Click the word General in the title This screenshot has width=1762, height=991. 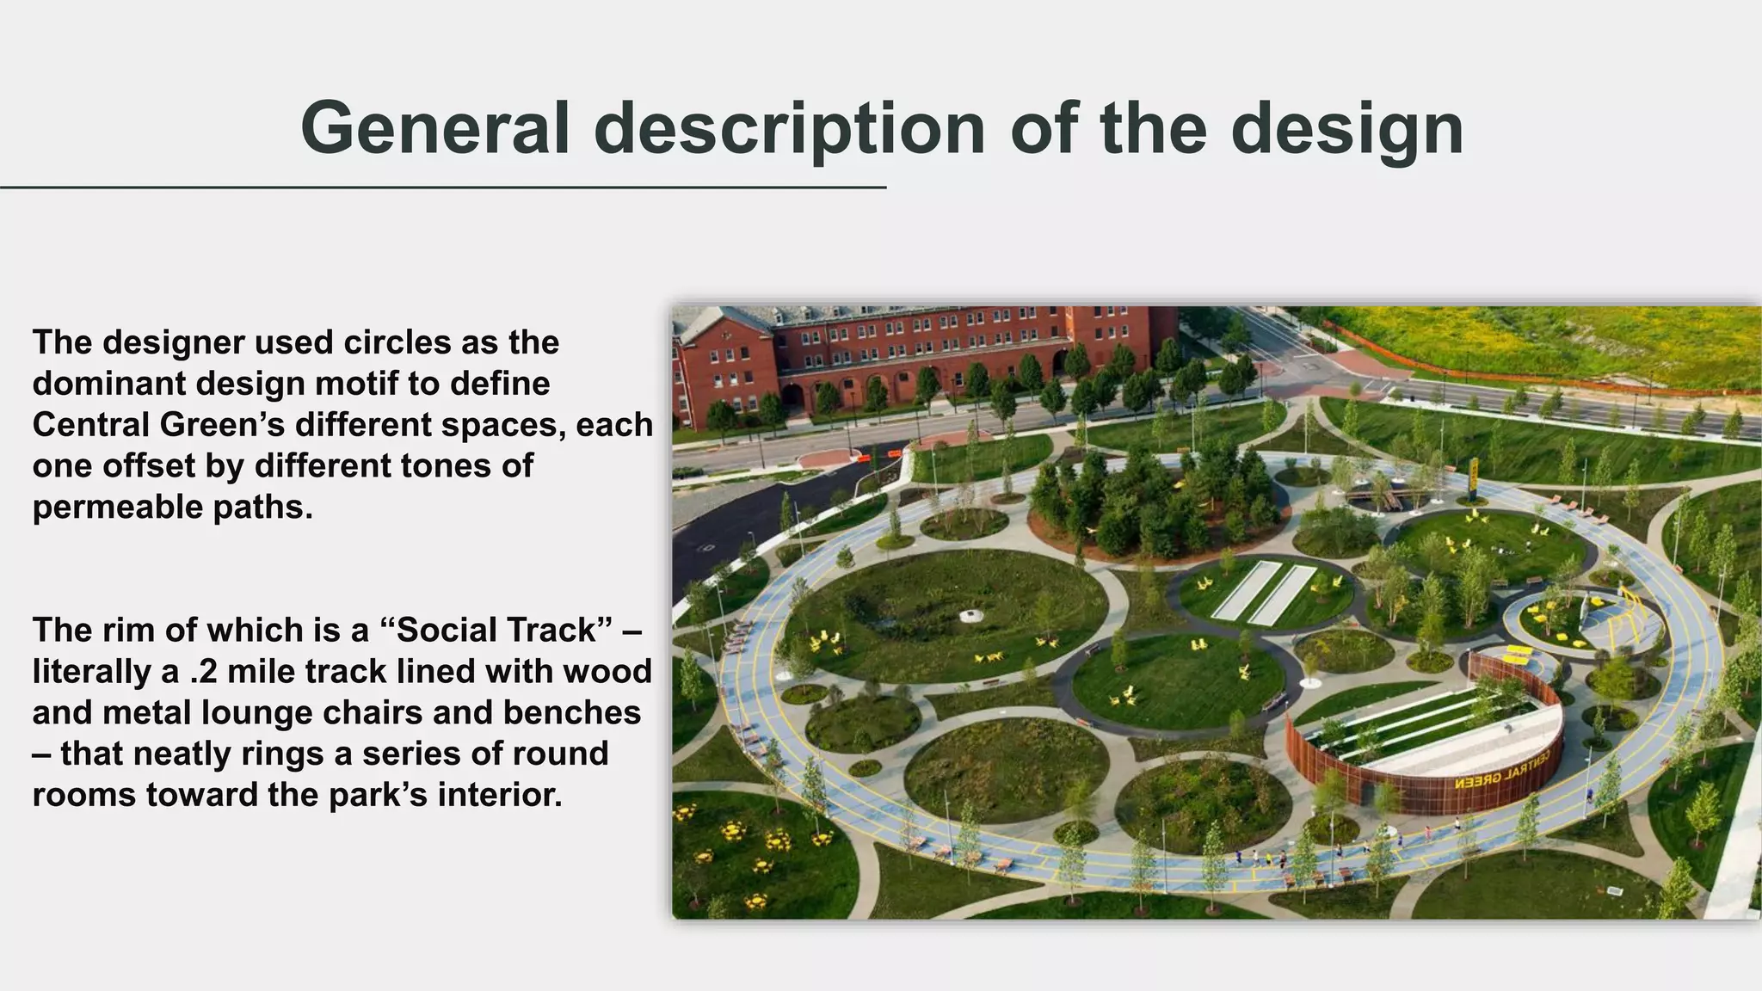click(434, 129)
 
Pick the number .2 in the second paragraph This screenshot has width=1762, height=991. click(203, 672)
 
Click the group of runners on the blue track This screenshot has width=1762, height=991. click(1265, 856)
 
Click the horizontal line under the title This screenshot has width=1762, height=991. click(443, 187)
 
